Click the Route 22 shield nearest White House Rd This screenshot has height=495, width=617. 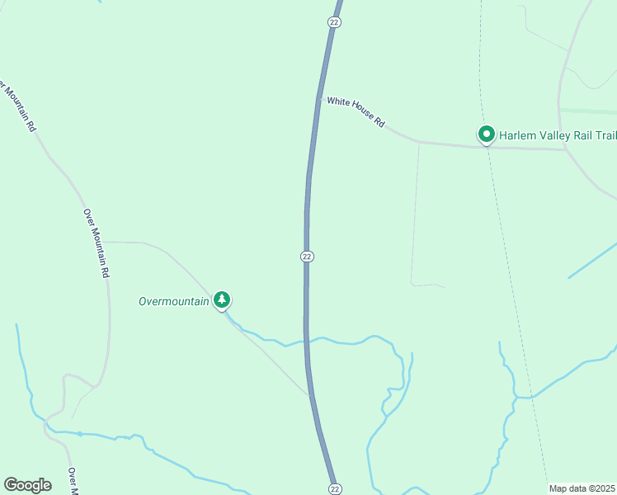pos(334,22)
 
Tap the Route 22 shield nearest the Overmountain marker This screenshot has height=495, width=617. pos(307,257)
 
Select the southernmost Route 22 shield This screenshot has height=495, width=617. pos(334,488)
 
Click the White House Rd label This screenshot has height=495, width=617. pos(356,111)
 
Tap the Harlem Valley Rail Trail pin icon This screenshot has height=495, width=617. pos(487,134)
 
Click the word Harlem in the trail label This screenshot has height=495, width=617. pos(519,134)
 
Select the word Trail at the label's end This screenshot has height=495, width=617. pos(604,134)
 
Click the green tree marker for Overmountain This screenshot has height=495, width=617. pos(221,299)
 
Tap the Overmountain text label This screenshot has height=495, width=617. pos(174,301)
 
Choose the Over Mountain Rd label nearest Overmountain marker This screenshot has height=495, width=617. pos(97,242)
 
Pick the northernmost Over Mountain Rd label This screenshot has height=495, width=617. pos(17,106)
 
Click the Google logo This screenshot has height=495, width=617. pos(28,485)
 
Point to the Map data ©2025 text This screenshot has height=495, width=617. pos(582,488)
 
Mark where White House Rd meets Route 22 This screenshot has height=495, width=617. pos(319,98)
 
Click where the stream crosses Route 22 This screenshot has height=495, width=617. pos(307,340)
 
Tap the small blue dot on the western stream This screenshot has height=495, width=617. pos(80,433)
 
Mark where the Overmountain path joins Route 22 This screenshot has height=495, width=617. pos(309,394)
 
